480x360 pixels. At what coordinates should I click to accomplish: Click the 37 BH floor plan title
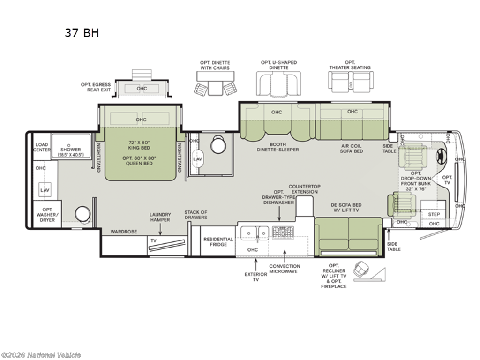[x=82, y=32]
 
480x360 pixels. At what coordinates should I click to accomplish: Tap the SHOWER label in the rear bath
[x=70, y=150]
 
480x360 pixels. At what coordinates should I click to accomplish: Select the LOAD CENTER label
[x=42, y=147]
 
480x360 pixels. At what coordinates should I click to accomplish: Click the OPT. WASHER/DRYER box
[x=47, y=214]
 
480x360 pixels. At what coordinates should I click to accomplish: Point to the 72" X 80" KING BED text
[x=139, y=145]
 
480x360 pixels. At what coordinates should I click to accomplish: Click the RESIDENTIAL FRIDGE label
[x=218, y=242]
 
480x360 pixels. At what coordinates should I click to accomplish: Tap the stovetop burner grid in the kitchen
[x=283, y=232]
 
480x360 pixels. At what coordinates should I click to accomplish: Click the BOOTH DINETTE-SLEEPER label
[x=278, y=147]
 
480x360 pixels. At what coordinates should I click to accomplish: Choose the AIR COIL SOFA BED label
[x=352, y=149]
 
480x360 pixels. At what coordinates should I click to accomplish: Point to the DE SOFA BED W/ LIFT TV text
[x=346, y=208]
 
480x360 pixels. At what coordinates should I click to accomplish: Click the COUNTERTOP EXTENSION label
[x=305, y=189]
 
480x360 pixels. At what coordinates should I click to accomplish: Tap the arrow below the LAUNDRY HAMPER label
[x=160, y=229]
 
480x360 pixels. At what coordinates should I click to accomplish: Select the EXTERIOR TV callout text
[x=256, y=277]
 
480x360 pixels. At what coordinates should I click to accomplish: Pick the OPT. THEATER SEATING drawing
[x=351, y=82]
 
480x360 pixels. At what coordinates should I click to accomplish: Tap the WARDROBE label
[x=124, y=232]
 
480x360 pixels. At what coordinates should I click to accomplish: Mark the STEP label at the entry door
[x=434, y=214]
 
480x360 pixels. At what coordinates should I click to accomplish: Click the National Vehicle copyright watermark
[x=41, y=355]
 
